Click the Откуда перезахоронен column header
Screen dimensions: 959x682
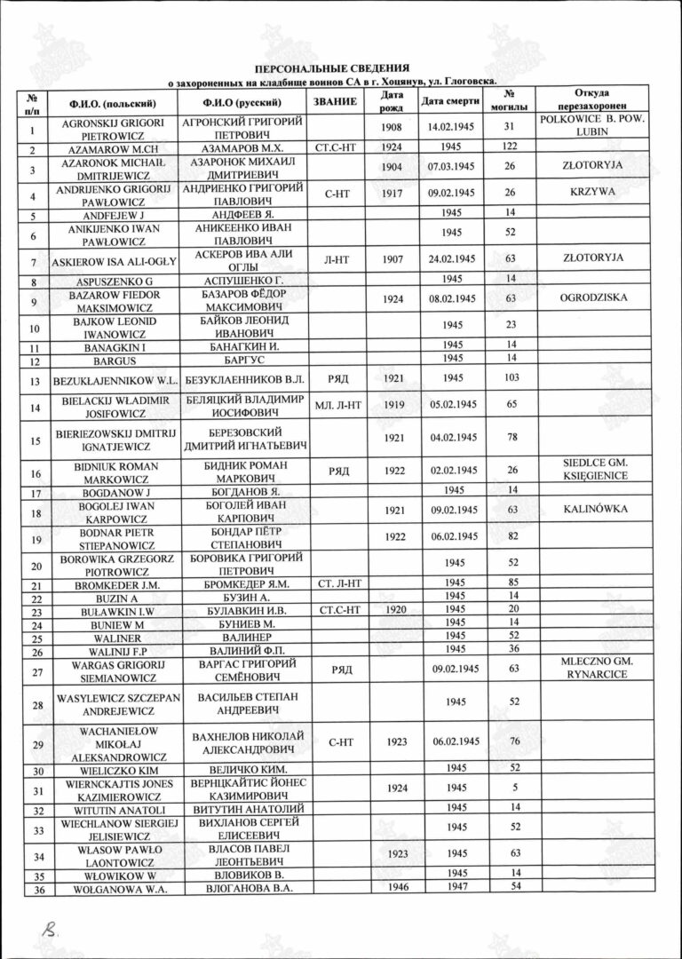pyautogui.click(x=591, y=100)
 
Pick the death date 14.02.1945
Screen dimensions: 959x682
pyautogui.click(x=453, y=128)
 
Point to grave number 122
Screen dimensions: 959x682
pyautogui.click(x=510, y=147)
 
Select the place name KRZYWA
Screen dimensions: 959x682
pyautogui.click(x=591, y=191)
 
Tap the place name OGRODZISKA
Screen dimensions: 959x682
pyautogui.click(x=591, y=299)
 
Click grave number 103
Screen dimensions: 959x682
pyautogui.click(x=510, y=378)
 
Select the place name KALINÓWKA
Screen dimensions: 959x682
pyautogui.click(x=591, y=512)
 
